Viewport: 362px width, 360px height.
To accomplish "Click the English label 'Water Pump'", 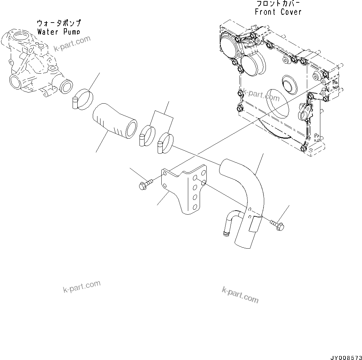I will [x=58, y=32].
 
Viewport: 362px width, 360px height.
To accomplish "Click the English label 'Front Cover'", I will [x=278, y=12].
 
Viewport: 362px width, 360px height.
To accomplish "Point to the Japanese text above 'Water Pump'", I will [x=59, y=23].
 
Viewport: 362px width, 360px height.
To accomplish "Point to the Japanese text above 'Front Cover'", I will [x=278, y=4].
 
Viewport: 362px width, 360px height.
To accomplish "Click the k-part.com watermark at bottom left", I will [x=82, y=286].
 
